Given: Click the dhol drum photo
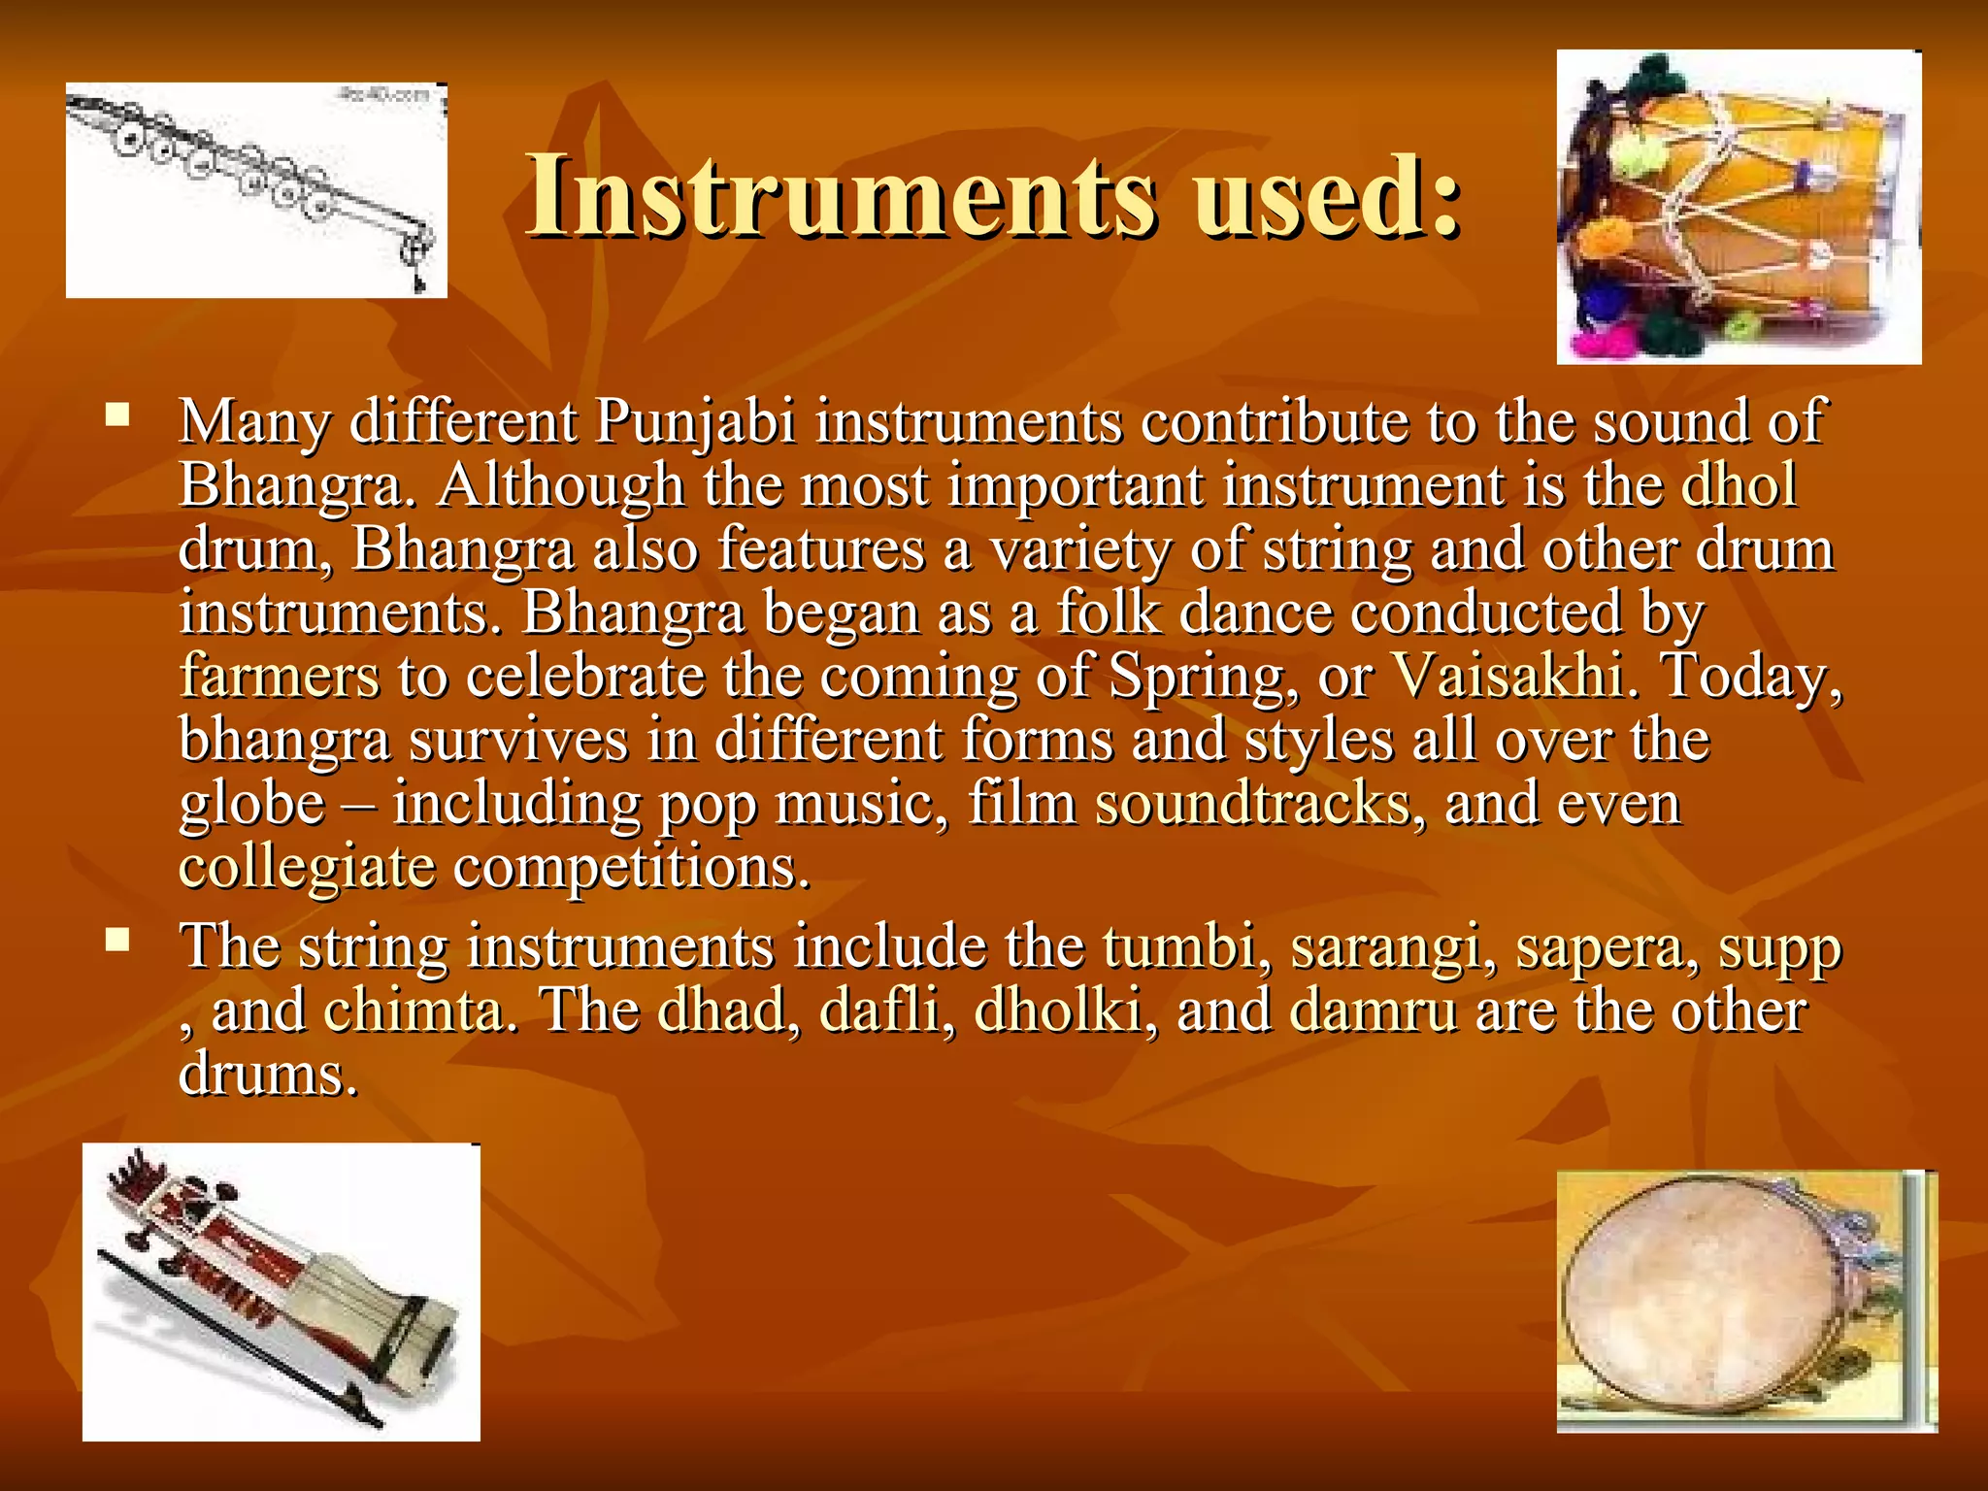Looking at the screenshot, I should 1739,207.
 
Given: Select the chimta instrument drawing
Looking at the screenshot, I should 256,190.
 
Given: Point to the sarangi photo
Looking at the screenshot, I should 281,1291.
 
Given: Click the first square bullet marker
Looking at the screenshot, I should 118,416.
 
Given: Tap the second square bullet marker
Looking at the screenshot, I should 118,940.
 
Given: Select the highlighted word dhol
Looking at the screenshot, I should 1739,484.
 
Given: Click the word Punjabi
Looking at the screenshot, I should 695,421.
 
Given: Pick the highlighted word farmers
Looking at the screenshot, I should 279,676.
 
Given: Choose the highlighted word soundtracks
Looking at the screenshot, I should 1252,804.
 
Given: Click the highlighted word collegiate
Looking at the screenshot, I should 307,867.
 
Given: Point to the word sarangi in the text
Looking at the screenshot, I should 1385,948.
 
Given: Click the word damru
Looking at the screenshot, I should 1374,1011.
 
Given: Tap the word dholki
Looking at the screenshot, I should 1057,1011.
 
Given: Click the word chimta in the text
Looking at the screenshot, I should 414,1011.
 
